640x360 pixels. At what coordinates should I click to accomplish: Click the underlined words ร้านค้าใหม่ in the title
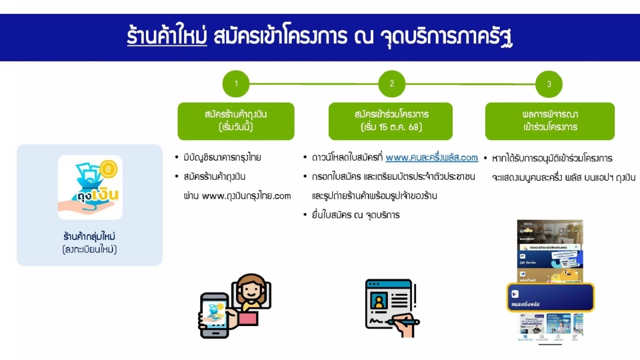pyautogui.click(x=166, y=35)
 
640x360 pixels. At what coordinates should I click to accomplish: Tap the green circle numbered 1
pyautogui.click(x=236, y=84)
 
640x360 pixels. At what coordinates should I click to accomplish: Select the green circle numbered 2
pyautogui.click(x=392, y=84)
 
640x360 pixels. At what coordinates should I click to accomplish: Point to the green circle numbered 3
pyautogui.click(x=549, y=84)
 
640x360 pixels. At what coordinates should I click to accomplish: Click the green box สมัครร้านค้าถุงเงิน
pyautogui.click(x=236, y=121)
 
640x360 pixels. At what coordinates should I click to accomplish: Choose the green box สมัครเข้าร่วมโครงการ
pyautogui.click(x=391, y=121)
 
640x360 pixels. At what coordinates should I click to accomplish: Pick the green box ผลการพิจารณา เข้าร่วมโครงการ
pyautogui.click(x=549, y=121)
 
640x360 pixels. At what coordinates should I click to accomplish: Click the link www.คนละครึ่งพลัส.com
pyautogui.click(x=431, y=158)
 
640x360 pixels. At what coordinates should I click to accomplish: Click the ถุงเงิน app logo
pyautogui.click(x=90, y=187)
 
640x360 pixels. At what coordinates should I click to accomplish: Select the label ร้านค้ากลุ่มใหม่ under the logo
pyautogui.click(x=90, y=237)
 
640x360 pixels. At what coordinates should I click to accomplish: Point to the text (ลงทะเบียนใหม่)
pyautogui.click(x=90, y=249)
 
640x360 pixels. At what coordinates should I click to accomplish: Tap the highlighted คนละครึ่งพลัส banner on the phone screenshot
pyautogui.click(x=550, y=297)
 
